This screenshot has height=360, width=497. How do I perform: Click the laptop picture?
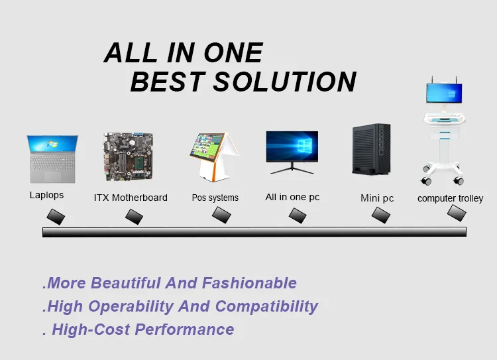click(x=52, y=158)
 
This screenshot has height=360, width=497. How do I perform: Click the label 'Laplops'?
click(x=46, y=196)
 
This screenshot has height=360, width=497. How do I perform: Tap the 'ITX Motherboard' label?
click(x=131, y=198)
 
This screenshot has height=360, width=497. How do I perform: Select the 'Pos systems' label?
click(x=215, y=198)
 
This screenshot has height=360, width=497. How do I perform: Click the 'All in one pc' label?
click(x=292, y=197)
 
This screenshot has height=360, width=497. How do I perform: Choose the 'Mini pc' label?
click(x=377, y=198)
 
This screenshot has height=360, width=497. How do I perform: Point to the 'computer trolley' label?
click(x=450, y=198)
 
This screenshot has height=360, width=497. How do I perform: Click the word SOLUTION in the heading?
click(x=285, y=82)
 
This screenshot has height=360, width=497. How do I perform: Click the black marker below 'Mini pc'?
click(x=381, y=215)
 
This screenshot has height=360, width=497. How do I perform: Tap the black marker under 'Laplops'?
click(x=56, y=217)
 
